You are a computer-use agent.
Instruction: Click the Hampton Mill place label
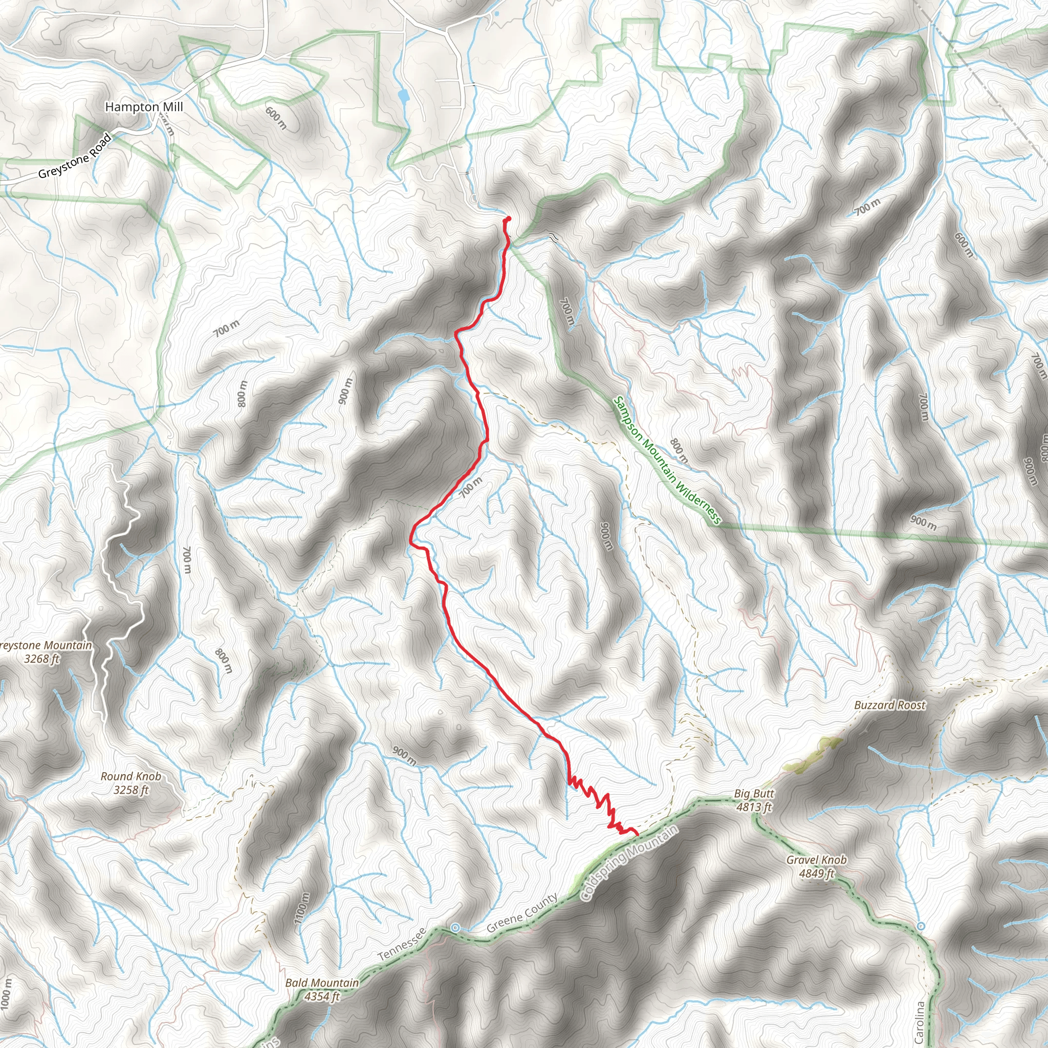click(x=144, y=107)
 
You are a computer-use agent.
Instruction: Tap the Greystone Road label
click(x=75, y=157)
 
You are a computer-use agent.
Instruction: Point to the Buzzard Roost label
click(x=889, y=705)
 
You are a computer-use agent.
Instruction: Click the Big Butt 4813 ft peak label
click(x=754, y=800)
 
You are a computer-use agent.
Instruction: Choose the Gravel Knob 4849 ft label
click(x=816, y=866)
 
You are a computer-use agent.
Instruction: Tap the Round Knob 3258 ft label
click(x=130, y=783)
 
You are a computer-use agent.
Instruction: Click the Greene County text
click(x=522, y=913)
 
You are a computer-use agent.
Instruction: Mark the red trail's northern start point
click(x=508, y=219)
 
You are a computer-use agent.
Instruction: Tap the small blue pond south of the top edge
click(x=403, y=96)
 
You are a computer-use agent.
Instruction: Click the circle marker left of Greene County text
click(x=455, y=928)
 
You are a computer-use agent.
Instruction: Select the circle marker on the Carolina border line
click(x=921, y=926)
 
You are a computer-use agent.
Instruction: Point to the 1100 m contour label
click(x=302, y=908)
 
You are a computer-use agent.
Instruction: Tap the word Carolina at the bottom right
click(x=919, y=1022)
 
